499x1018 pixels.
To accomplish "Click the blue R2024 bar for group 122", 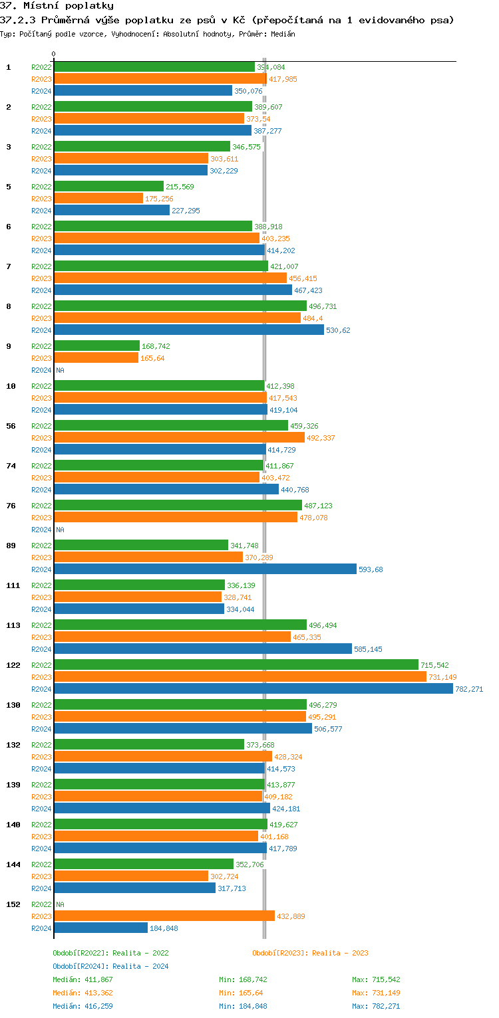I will tap(253, 689).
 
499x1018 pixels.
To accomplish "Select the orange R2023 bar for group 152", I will tap(164, 916).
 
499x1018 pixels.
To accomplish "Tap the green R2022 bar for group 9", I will tap(96, 346).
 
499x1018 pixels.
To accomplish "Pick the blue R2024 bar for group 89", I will tap(205, 569).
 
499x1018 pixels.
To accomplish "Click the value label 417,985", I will tap(283, 79).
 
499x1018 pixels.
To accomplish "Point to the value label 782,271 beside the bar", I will tap(468, 689).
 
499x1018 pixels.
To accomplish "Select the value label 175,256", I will tap(159, 199).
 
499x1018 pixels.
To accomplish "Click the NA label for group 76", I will tap(60, 530).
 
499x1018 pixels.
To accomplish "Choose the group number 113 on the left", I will tap(13, 625).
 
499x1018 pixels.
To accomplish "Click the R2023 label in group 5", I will tap(41, 199).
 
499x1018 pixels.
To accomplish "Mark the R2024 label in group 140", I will tap(41, 849).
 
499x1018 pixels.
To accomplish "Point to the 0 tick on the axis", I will tap(54, 54).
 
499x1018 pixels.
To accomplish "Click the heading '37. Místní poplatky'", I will tap(57, 6).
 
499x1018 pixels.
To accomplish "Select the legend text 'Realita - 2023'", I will tap(340, 953).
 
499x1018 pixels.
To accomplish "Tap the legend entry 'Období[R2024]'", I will tap(81, 966).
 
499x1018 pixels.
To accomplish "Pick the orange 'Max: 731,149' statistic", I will tap(376, 993).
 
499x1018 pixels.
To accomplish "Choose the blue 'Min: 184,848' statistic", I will tap(243, 1006).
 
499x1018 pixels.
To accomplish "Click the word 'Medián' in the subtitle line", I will tap(283, 34).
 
